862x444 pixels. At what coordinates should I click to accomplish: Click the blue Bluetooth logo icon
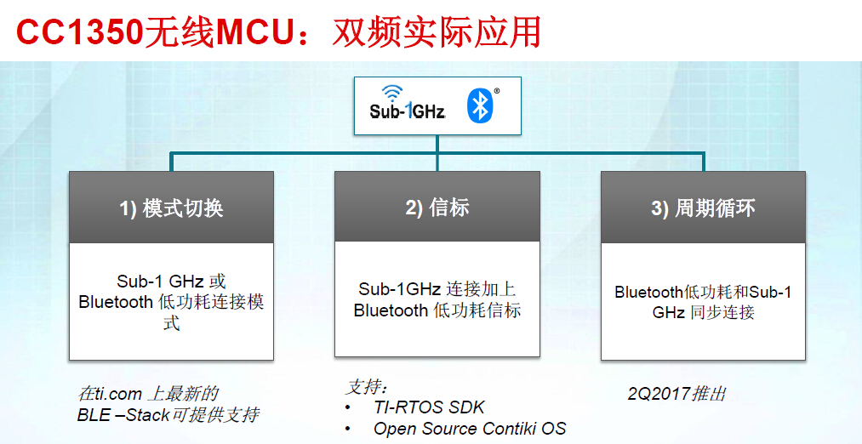480,105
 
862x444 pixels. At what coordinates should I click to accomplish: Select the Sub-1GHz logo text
408,111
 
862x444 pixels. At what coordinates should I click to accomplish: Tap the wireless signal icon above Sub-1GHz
392,93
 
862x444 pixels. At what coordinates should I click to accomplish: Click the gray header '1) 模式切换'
171,208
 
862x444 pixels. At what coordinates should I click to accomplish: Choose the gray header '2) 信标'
437,208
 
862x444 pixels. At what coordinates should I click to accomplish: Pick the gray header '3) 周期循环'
703,208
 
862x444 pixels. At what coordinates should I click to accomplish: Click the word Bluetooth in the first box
117,302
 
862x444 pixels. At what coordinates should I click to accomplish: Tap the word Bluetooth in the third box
649,292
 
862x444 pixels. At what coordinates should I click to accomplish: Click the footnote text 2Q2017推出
677,394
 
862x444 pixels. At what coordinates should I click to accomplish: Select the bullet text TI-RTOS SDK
429,407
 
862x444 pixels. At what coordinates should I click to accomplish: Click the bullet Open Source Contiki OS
469,429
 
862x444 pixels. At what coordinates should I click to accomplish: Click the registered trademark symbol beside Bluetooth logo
497,90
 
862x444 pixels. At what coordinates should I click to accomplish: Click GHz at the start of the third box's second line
669,312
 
